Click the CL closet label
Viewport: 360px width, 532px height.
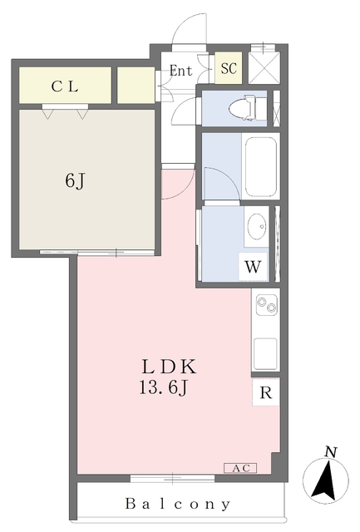click(65, 86)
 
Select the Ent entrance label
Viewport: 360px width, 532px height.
click(181, 71)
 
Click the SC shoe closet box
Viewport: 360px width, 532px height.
click(229, 69)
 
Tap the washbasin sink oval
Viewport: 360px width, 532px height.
click(257, 224)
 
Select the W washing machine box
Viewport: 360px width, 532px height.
click(253, 268)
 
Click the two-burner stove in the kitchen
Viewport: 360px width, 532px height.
click(266, 306)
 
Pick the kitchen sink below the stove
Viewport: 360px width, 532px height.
click(265, 356)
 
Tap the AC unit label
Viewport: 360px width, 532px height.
click(239, 469)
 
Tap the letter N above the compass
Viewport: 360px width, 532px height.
click(330, 452)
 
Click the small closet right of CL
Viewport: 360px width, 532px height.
click(136, 86)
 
